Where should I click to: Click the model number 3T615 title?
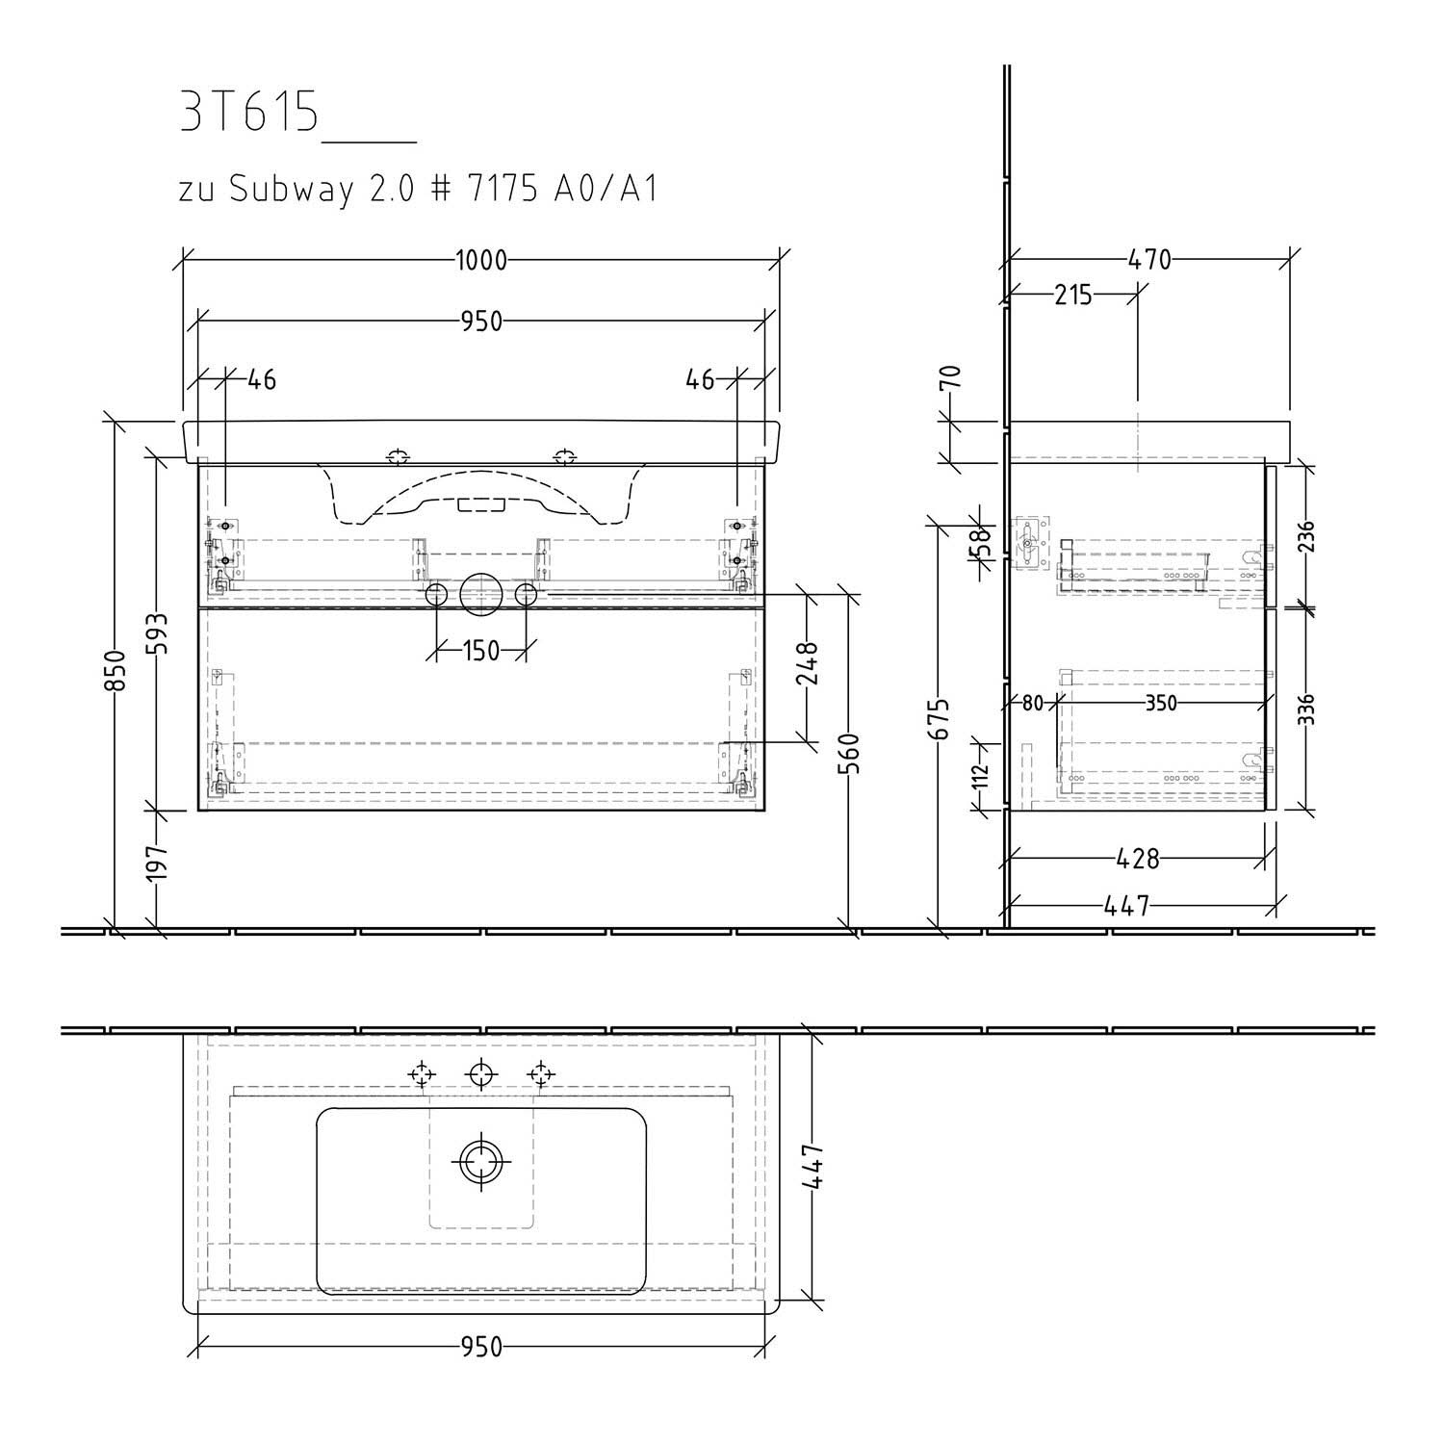click(248, 114)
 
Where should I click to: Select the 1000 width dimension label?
click(481, 260)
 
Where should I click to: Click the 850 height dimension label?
click(115, 670)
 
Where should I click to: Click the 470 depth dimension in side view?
click(1149, 260)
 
